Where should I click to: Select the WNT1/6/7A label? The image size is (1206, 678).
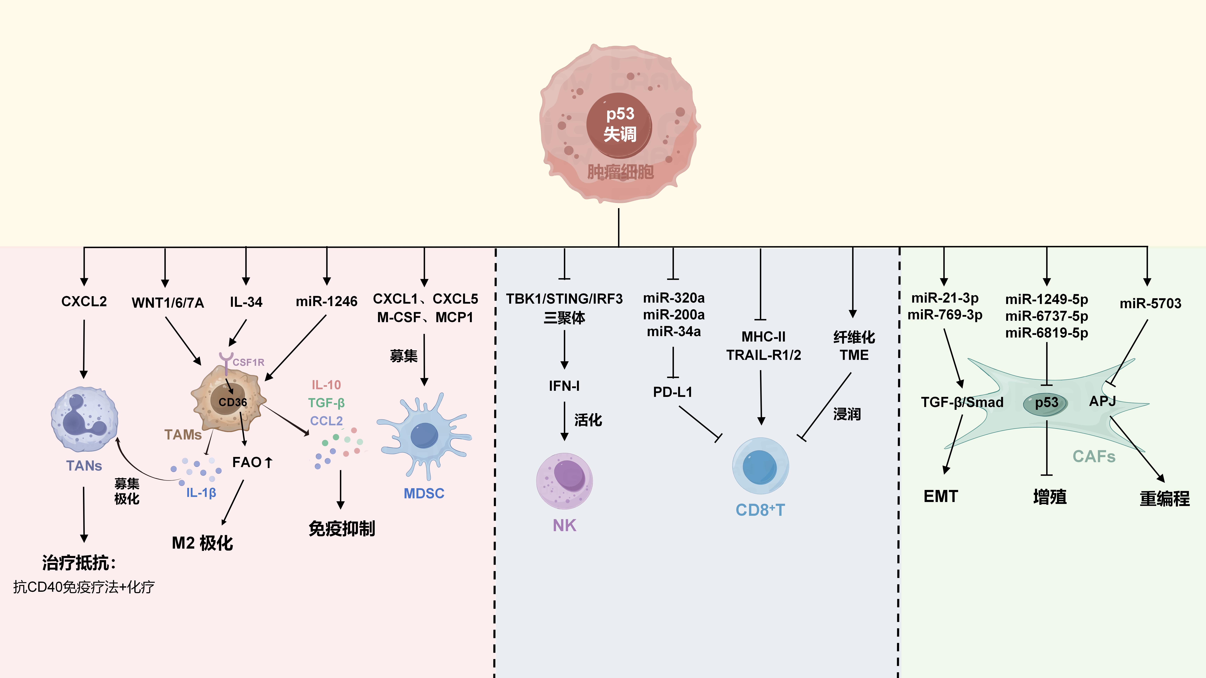tap(168, 303)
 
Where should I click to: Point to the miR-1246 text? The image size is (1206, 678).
tap(326, 301)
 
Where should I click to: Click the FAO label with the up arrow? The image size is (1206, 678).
tap(252, 462)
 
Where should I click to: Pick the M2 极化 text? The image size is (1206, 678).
tap(202, 543)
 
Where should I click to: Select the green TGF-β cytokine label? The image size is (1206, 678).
tap(326, 402)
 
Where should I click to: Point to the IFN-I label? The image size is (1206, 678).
tap(564, 386)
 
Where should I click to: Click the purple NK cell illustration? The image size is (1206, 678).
tap(565, 481)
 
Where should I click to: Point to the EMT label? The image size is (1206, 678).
tap(940, 496)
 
